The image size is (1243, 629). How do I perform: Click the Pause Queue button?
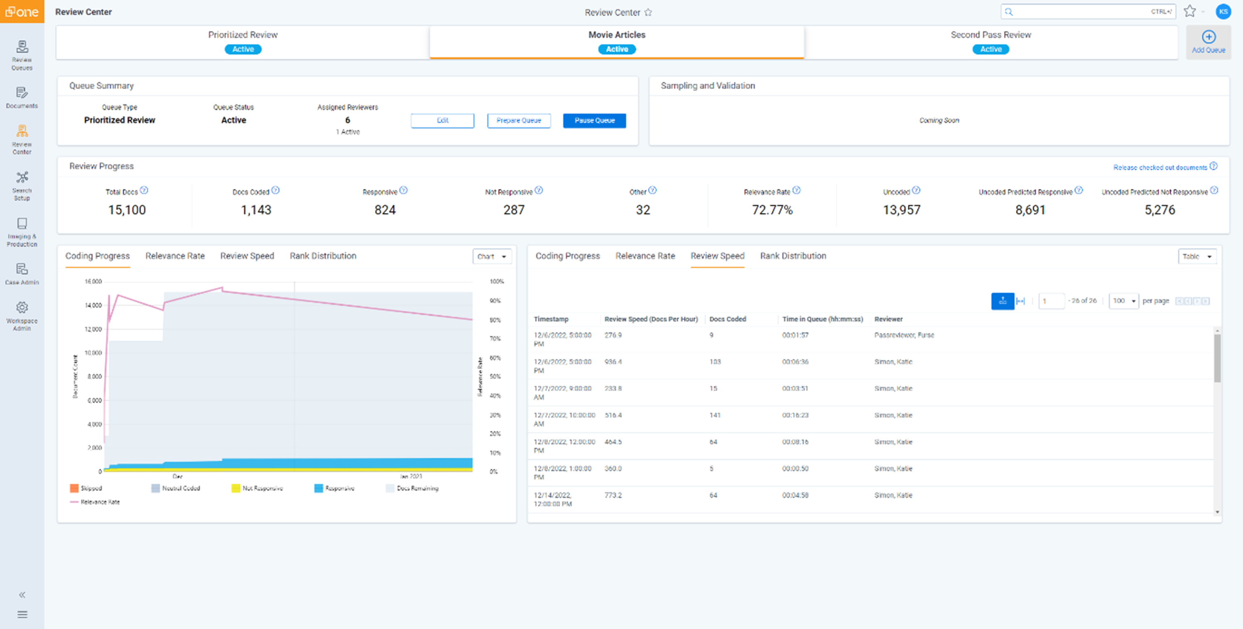tap(594, 120)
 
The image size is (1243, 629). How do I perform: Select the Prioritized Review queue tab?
tap(243, 41)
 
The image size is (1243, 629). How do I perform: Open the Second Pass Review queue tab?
tap(991, 41)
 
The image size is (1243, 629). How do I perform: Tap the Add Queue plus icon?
tap(1208, 37)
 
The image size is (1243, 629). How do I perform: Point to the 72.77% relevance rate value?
tap(771, 210)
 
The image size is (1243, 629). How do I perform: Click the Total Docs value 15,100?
tap(126, 210)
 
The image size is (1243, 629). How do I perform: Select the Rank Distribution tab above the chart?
tap(323, 256)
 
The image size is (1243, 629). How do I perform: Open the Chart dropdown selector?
tap(492, 256)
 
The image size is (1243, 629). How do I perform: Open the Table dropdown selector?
tap(1197, 256)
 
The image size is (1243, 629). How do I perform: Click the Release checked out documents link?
tap(1160, 167)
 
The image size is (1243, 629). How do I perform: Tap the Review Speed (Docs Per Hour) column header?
tap(651, 319)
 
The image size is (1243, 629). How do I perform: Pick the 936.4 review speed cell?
tap(613, 362)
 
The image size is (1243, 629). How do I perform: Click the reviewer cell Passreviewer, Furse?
tap(904, 335)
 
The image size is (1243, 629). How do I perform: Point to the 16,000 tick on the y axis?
tap(93, 281)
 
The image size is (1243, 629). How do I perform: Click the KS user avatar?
tap(1223, 12)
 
